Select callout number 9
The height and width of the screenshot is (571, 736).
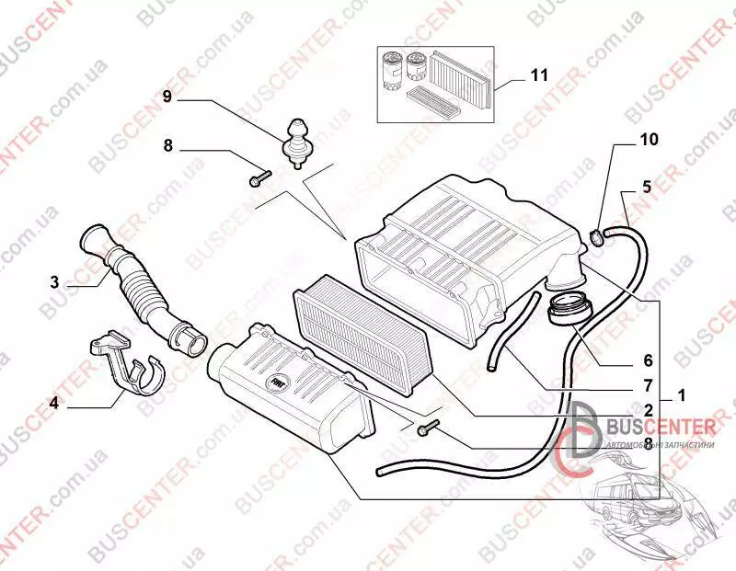click(167, 96)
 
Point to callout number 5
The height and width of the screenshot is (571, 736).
click(646, 187)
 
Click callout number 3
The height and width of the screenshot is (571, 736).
click(54, 280)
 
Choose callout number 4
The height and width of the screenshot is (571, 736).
click(54, 402)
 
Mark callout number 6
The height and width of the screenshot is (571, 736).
click(648, 360)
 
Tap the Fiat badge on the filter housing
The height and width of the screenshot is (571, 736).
click(276, 380)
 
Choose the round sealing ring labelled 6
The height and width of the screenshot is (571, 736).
click(568, 311)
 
